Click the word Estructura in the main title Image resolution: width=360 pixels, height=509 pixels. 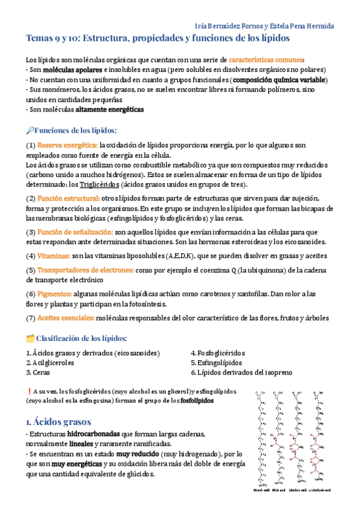[109, 38]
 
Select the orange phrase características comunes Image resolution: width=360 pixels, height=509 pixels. [266, 60]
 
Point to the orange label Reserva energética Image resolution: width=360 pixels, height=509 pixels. [67, 145]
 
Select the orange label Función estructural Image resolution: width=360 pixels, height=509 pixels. [68, 199]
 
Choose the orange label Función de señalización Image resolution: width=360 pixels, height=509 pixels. [74, 232]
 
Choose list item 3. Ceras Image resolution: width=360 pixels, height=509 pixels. [37, 373]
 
